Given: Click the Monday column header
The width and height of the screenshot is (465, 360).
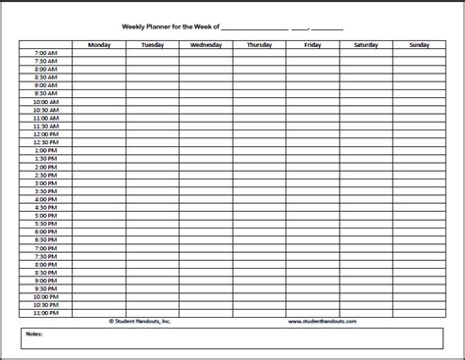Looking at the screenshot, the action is coord(99,44).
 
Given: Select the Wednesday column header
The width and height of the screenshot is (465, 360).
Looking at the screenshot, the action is coord(206,44).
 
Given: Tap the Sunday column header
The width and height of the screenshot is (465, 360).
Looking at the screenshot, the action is coord(419,44).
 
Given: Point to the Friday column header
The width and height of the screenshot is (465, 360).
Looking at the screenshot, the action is coord(312,44).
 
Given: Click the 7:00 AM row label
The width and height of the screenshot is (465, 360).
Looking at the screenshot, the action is coord(45,53).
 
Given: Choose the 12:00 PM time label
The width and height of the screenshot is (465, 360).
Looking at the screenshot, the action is coord(45,133).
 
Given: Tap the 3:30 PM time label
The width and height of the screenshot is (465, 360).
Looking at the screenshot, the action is coord(45,190).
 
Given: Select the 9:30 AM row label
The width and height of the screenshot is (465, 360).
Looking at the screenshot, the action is coord(45,93).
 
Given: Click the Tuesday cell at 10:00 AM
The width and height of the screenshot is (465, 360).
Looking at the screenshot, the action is coord(152,101).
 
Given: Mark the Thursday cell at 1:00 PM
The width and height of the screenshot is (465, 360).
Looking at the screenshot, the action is coord(259,150).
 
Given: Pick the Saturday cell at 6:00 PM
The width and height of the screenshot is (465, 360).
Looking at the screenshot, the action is coord(366,231).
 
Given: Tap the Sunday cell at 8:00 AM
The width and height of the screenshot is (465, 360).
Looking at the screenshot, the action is coord(419,69).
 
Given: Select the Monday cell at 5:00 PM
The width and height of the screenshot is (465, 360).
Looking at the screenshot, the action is coord(99,214).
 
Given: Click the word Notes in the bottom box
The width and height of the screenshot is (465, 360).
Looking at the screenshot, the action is coord(35,333).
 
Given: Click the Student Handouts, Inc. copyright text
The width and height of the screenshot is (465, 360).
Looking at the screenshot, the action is coord(143,320).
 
